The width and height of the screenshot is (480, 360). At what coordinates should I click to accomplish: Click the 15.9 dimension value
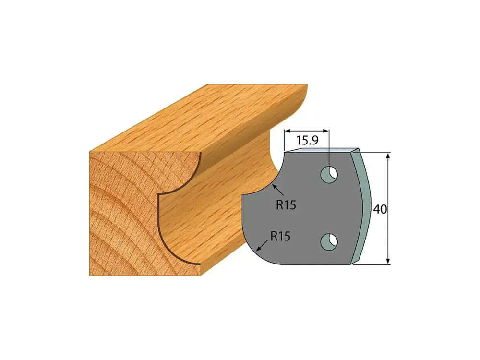click(x=307, y=141)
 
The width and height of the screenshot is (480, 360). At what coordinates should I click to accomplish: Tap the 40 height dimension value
click(x=380, y=209)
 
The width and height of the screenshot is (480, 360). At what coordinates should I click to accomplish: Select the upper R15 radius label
click(x=286, y=205)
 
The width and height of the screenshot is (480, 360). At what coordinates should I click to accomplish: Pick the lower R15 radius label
click(x=280, y=236)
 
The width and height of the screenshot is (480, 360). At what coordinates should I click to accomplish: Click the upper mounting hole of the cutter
click(x=329, y=175)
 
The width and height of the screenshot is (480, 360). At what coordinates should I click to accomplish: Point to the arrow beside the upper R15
click(x=277, y=191)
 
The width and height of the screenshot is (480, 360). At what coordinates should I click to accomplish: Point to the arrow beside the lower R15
click(x=263, y=245)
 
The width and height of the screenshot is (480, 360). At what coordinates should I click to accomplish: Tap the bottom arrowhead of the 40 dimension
click(x=388, y=260)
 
